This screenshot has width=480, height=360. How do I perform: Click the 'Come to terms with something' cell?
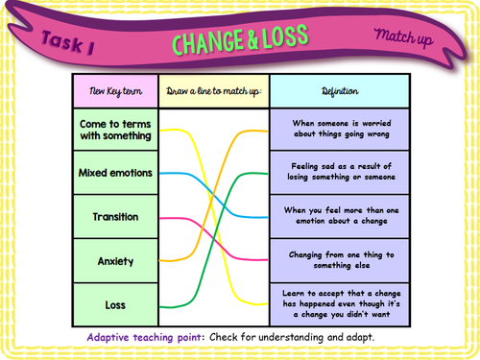click(115, 129)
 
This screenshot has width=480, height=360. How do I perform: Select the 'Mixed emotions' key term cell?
click(115, 173)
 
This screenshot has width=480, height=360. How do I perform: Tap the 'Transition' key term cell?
click(115, 217)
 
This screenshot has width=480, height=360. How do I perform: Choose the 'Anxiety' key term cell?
click(115, 260)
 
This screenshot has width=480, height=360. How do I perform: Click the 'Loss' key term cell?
click(115, 305)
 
